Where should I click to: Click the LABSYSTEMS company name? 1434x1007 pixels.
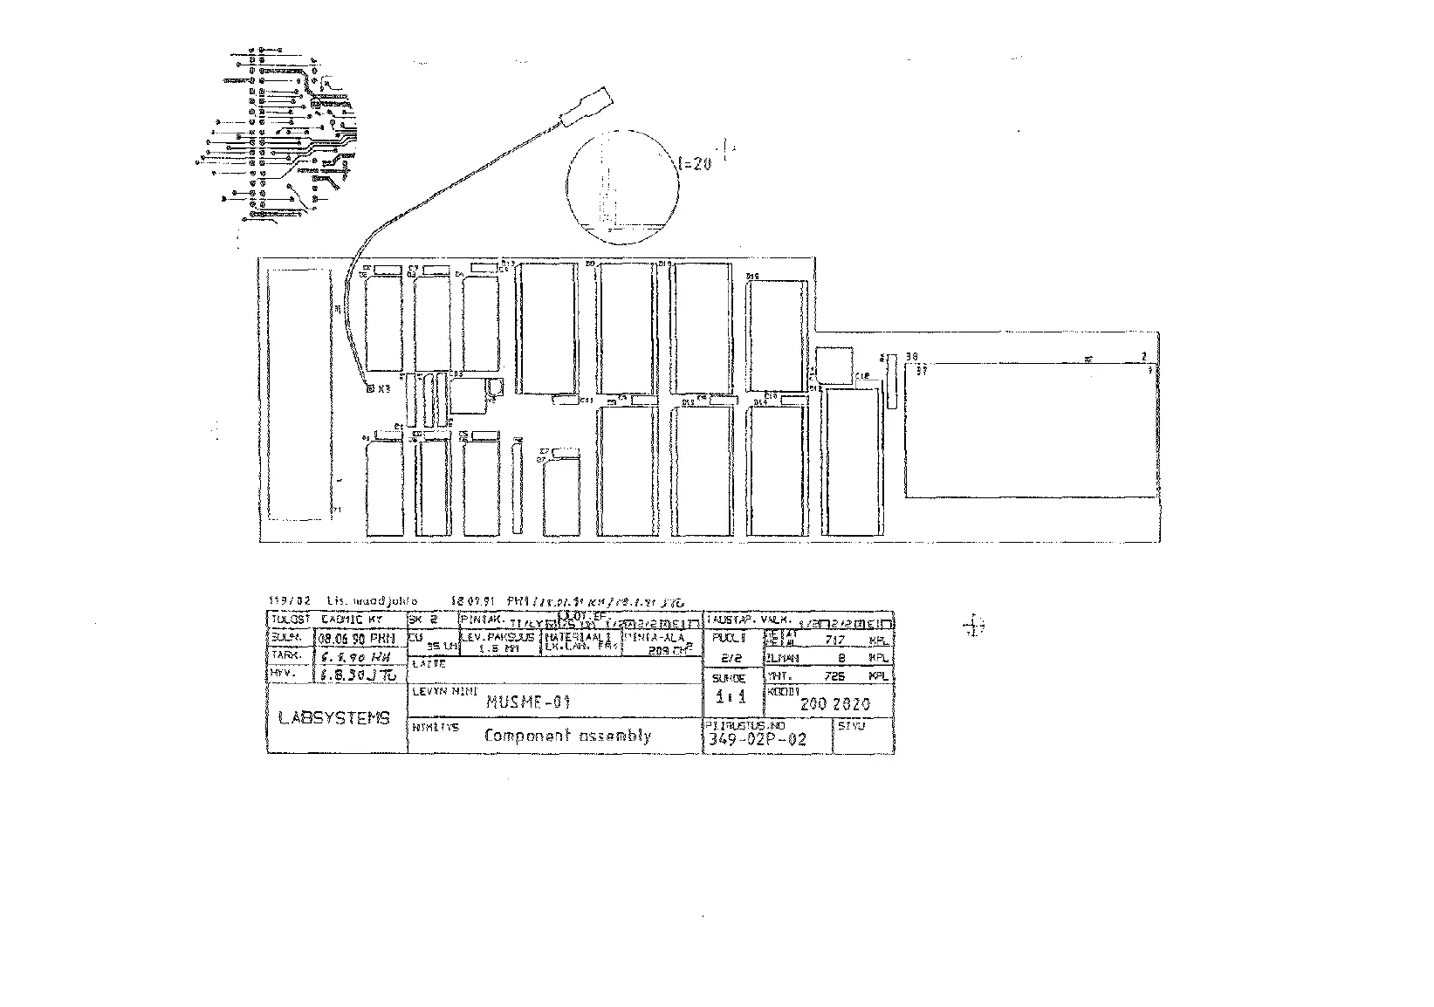pos(334,718)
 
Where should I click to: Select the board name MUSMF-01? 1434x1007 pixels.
pos(528,701)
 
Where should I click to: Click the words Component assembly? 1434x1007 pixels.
pos(567,736)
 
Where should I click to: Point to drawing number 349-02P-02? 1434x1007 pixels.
pos(755,740)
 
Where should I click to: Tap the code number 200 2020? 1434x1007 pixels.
pos(834,703)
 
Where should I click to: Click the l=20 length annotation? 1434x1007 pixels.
pos(695,162)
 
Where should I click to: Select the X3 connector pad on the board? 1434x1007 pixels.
pos(370,388)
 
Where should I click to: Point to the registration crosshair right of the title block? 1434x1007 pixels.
pos(974,625)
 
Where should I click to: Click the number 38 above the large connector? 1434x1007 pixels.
pos(912,356)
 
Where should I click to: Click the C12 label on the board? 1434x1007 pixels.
pos(862,376)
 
